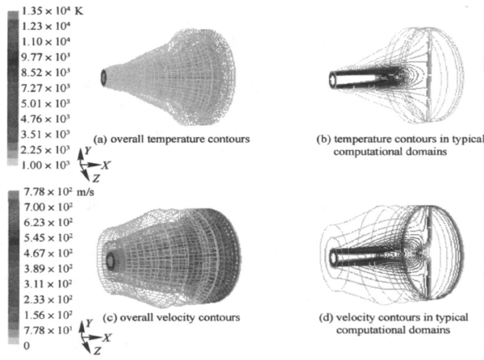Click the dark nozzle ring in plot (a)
(104, 77)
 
